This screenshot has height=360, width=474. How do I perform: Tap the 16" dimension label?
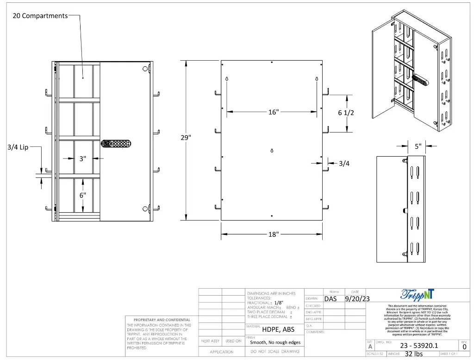[x=274, y=112]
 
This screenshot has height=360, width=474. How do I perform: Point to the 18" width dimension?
[x=274, y=234]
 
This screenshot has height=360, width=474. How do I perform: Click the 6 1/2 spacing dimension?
[x=346, y=113]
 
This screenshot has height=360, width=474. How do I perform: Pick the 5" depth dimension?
[x=418, y=146]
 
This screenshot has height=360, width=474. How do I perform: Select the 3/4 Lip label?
[x=18, y=147]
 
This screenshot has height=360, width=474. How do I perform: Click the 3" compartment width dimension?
[x=82, y=158]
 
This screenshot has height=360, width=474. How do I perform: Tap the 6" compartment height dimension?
[x=82, y=195]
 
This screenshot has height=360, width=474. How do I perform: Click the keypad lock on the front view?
[x=116, y=144]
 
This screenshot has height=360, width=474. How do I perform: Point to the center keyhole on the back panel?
[x=272, y=150]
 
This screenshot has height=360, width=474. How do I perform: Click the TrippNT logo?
[x=418, y=294]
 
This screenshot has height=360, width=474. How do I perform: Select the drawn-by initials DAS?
[x=331, y=299]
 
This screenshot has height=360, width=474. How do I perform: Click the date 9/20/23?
[x=357, y=299]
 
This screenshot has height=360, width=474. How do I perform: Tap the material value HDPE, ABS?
[x=278, y=329]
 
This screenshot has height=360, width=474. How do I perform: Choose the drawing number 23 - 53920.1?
[x=419, y=346]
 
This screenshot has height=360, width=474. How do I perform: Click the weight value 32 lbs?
[x=413, y=354]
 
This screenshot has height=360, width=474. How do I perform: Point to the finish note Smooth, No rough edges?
[x=275, y=342]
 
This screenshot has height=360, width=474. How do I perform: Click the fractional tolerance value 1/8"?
[x=279, y=303]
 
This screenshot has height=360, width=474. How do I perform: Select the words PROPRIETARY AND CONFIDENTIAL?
[x=162, y=320]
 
